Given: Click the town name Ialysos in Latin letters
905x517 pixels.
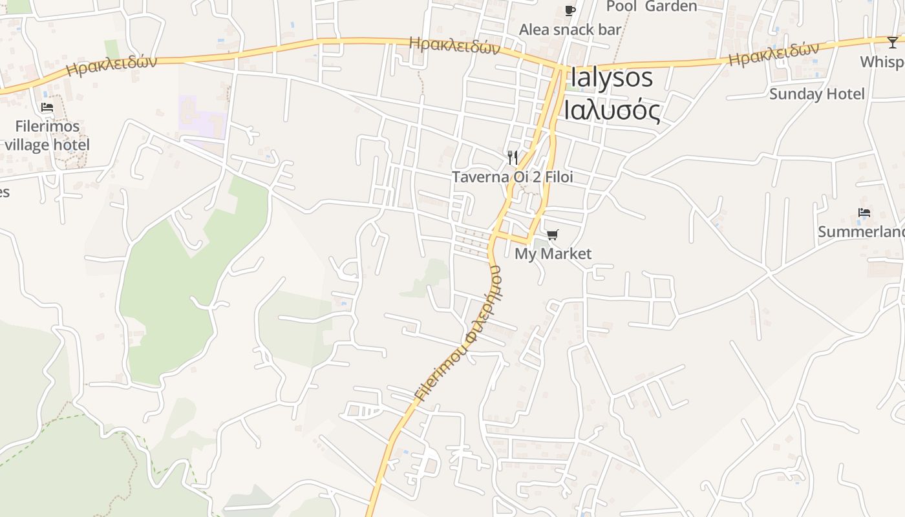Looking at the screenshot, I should [612, 78].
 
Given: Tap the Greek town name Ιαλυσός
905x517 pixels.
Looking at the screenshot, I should [612, 110].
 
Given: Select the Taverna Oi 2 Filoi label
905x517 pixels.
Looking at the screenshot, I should [512, 177].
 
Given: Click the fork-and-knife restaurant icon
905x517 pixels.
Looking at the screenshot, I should [513, 158].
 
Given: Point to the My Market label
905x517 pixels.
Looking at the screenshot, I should [553, 254].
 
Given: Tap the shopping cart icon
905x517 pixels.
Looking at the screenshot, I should [552, 235].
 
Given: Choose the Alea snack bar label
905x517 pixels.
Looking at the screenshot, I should [570, 30].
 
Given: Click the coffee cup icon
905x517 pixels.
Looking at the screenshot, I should [570, 10].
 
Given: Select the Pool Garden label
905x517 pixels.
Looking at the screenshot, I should [652, 6].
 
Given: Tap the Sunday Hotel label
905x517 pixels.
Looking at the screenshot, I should [816, 94].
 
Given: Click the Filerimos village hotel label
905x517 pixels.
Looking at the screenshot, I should [47, 135].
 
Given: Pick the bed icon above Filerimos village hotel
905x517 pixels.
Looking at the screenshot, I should [47, 107].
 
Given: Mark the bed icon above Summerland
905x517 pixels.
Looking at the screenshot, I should [864, 213].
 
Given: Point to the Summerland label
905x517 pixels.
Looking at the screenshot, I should [861, 232].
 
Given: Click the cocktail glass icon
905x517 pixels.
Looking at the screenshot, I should [893, 43].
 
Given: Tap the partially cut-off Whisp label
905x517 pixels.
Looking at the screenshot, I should [882, 62].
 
